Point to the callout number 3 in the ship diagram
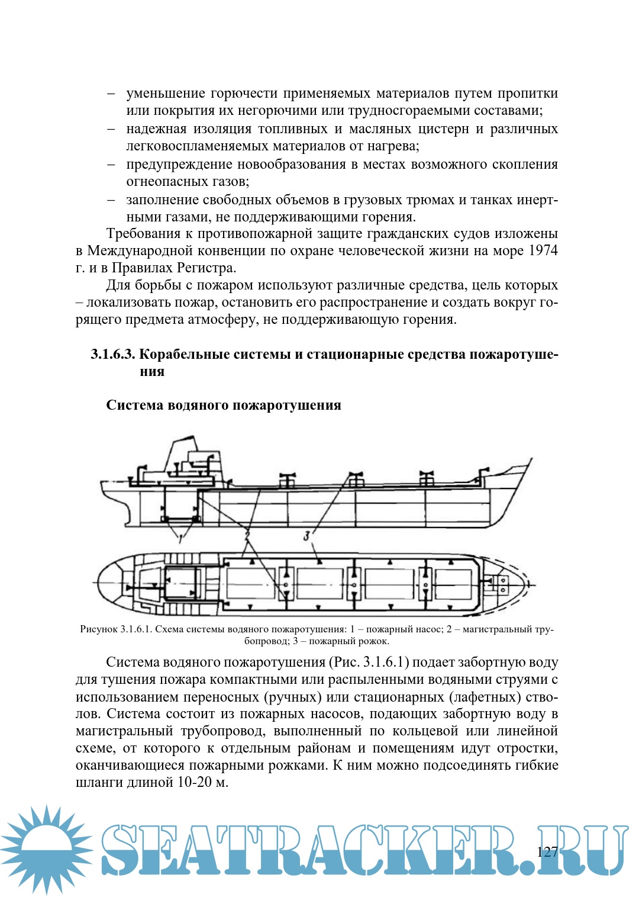pyautogui.click(x=306, y=536)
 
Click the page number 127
pyautogui.click(x=547, y=851)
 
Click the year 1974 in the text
pyautogui.click(x=543, y=250)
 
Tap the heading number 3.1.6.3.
pyautogui.click(x=113, y=354)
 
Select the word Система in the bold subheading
pyautogui.click(x=135, y=405)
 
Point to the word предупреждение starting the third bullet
pyautogui.click(x=178, y=165)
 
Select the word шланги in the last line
pyautogui.click(x=98, y=782)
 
